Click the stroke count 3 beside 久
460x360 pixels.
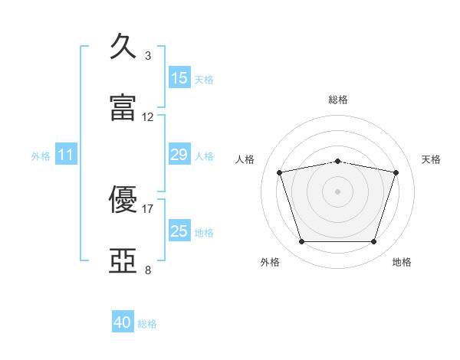click(148, 56)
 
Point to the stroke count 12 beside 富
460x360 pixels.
click(148, 117)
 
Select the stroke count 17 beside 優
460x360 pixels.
click(148, 208)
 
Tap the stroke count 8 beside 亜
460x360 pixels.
click(148, 270)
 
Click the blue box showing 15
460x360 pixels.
click(179, 78)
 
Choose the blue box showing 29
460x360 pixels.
click(179, 155)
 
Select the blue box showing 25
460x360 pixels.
click(179, 231)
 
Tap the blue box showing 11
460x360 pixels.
click(66, 155)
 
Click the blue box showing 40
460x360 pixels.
click(123, 323)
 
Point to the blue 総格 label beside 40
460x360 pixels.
click(148, 324)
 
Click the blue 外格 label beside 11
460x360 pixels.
click(41, 156)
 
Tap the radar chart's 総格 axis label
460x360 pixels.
click(338, 100)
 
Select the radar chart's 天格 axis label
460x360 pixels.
click(432, 159)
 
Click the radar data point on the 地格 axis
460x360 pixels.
click(373, 242)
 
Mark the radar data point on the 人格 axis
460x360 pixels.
click(280, 172)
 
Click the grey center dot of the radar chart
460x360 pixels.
click(337, 191)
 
